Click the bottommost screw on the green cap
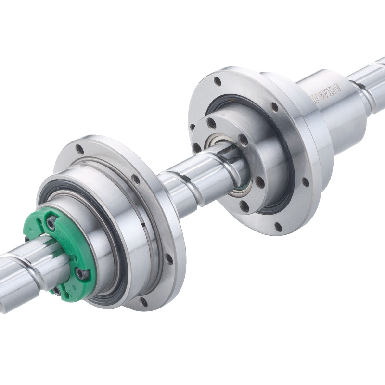point(57,290)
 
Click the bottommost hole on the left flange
point(143,302)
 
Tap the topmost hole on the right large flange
point(218,81)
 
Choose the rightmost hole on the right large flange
point(306,182)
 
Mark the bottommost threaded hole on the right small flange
point(245,207)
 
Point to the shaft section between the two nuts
point(192,180)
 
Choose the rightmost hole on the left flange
point(169,259)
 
